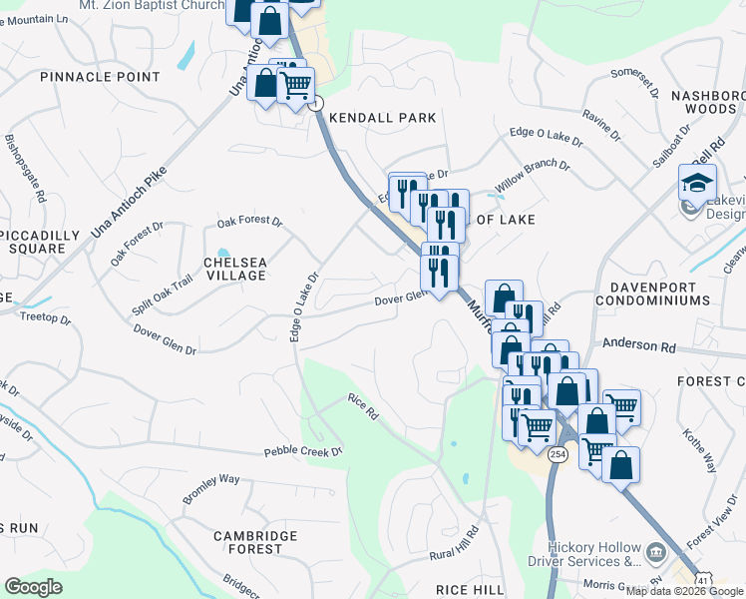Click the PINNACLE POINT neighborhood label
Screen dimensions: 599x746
100,77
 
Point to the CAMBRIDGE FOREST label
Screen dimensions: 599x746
255,542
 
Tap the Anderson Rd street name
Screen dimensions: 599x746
638,345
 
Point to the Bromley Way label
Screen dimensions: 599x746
210,486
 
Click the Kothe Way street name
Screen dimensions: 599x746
699,450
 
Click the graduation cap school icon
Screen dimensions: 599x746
697,182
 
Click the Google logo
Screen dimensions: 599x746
34,586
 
